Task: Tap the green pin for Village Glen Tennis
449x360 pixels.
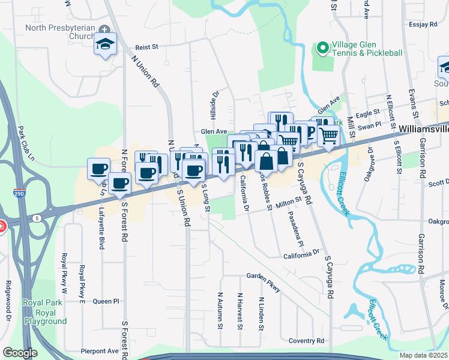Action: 322,47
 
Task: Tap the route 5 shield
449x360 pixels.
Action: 37,218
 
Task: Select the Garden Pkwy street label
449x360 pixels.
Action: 264,283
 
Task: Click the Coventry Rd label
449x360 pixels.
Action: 306,341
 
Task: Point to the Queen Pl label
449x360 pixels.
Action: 106,301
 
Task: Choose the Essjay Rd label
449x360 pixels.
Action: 424,25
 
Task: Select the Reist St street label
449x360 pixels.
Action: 146,46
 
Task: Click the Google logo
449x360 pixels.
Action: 20,352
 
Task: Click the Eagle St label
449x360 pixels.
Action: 368,112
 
